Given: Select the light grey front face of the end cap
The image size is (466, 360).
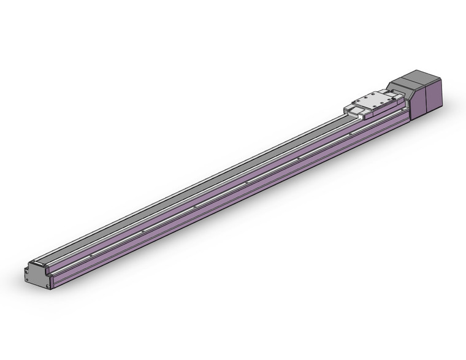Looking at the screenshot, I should [x=37, y=275].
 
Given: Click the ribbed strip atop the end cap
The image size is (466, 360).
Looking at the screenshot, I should [x=39, y=263].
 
